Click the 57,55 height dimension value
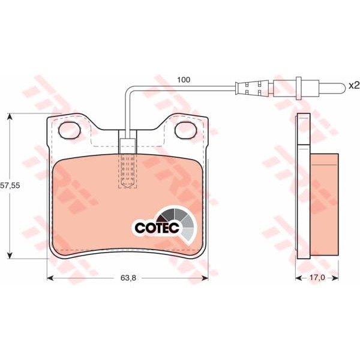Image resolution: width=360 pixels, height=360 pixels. [x=10, y=185]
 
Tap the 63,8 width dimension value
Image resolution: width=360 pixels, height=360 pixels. [x=128, y=278]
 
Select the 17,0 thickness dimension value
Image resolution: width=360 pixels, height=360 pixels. [x=317, y=278]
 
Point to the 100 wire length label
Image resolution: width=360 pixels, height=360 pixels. [x=184, y=80]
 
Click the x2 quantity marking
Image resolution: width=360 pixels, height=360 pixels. [x=354, y=86]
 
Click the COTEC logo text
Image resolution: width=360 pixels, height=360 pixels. [x=157, y=228]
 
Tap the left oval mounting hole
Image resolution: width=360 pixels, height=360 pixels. [x=70, y=130]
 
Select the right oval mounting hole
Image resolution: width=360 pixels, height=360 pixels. [x=186, y=130]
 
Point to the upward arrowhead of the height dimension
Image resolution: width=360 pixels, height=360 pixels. [x=10, y=116]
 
